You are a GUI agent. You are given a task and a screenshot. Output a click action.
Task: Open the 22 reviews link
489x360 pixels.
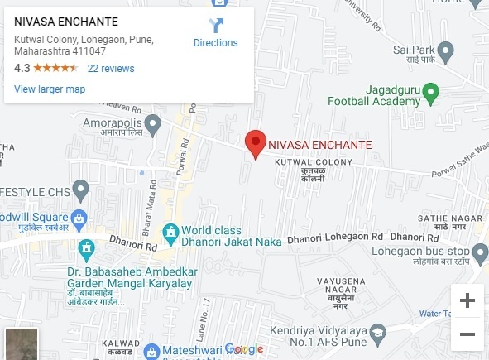[x=111, y=69]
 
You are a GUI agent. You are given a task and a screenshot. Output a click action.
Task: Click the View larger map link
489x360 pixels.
[x=50, y=89]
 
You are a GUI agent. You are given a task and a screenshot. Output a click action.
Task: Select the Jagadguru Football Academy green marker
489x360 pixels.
[x=431, y=90]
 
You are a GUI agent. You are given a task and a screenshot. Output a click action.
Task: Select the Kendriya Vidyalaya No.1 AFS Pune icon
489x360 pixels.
[x=378, y=333]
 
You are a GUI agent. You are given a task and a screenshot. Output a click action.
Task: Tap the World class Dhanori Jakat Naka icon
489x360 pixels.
[x=170, y=231]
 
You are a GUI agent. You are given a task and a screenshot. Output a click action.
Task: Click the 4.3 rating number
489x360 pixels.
[x=22, y=69]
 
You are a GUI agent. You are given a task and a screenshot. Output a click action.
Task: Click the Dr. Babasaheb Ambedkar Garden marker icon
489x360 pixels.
[x=84, y=248]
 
